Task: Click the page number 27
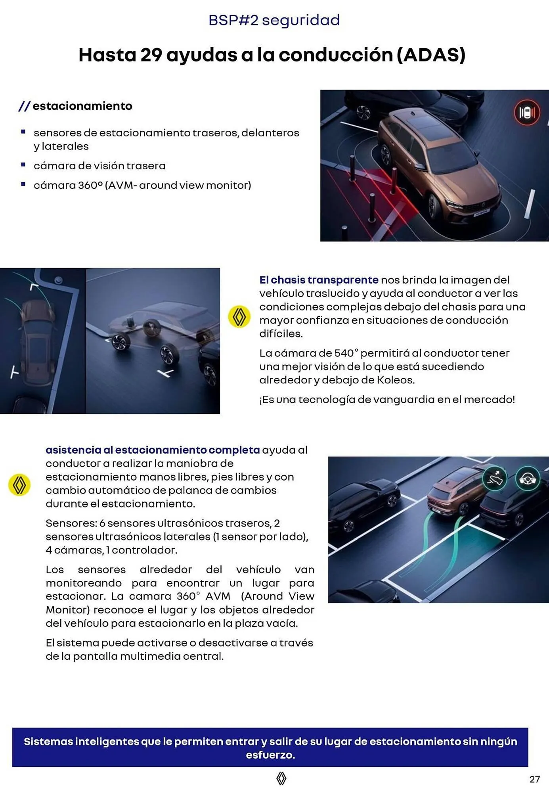click(534, 779)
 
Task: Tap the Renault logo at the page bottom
click(281, 778)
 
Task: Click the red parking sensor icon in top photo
click(527, 113)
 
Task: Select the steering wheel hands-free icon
click(528, 479)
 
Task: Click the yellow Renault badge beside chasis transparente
click(239, 317)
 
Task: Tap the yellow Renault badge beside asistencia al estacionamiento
click(19, 485)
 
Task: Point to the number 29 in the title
click(151, 55)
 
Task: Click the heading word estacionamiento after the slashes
click(82, 106)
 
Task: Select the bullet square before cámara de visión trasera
click(23, 165)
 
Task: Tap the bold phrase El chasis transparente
click(319, 280)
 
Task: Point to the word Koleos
click(395, 380)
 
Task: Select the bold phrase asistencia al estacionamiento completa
click(153, 450)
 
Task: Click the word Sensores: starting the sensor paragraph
click(71, 523)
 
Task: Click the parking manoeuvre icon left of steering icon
click(494, 479)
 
